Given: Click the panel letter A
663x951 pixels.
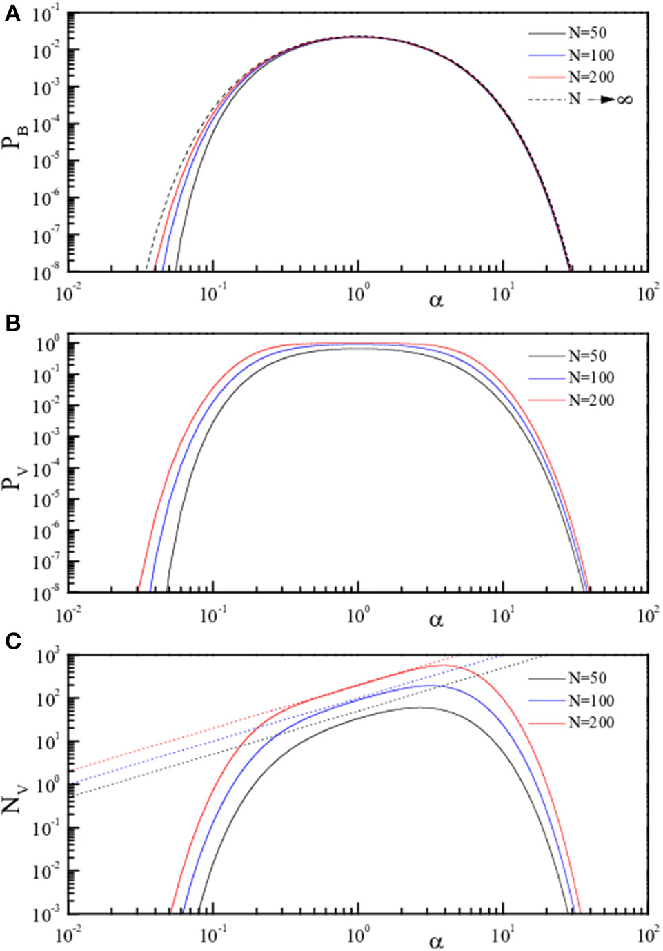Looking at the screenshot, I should [12, 13].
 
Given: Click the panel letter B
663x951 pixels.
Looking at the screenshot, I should [12, 322].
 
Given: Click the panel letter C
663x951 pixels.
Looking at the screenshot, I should [12, 641].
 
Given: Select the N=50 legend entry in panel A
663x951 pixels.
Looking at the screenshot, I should [587, 33].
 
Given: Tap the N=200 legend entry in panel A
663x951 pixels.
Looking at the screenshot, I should [591, 77].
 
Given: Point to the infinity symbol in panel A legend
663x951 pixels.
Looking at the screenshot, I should [624, 99].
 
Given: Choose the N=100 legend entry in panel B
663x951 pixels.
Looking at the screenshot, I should [591, 378].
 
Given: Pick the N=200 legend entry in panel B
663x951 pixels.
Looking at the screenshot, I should [591, 400].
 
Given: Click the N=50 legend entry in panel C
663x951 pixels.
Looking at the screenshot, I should [587, 678].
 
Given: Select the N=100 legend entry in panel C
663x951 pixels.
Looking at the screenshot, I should [591, 700].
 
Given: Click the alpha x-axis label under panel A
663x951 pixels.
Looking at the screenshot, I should [436, 300].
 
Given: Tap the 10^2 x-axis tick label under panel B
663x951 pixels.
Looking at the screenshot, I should [646, 614].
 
